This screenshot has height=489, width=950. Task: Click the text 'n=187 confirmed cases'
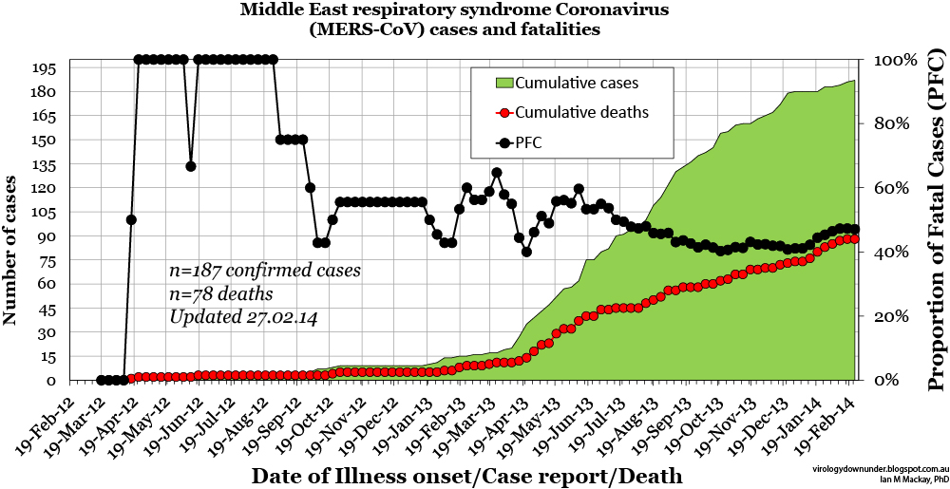coord(264,270)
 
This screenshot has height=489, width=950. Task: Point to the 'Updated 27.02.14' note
coord(243,317)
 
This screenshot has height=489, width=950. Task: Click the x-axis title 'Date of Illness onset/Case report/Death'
coord(466,474)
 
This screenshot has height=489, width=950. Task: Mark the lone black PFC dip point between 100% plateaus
coord(191,166)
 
